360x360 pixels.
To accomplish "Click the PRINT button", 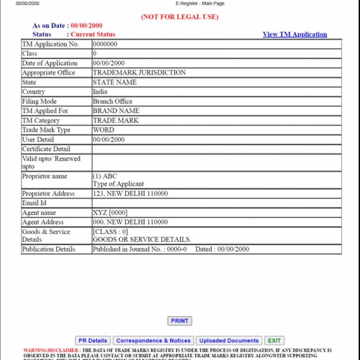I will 180,321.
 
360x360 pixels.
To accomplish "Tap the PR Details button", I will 93,341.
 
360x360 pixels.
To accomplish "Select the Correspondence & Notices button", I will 153,341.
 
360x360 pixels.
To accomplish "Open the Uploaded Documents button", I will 229,341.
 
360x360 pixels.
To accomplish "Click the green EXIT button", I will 274,341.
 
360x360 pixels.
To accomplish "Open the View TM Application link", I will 295,34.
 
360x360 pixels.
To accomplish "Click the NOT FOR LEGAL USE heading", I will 180,17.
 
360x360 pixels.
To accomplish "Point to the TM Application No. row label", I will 51,44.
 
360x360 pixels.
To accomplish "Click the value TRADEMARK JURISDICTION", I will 139,73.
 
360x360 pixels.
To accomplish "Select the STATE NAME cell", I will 115,82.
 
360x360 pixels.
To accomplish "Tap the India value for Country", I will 100,92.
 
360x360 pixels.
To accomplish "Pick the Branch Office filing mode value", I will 112,101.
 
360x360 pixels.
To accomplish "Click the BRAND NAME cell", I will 116,111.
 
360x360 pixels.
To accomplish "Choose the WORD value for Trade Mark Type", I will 103,130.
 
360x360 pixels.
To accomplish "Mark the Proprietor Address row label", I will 48,194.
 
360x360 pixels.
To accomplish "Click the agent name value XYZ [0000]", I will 110,213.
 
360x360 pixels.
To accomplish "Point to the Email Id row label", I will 34,203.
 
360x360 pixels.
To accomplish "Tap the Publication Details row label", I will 48,249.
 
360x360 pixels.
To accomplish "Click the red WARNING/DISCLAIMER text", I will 51,350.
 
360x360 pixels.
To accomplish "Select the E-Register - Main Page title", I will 200,3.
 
